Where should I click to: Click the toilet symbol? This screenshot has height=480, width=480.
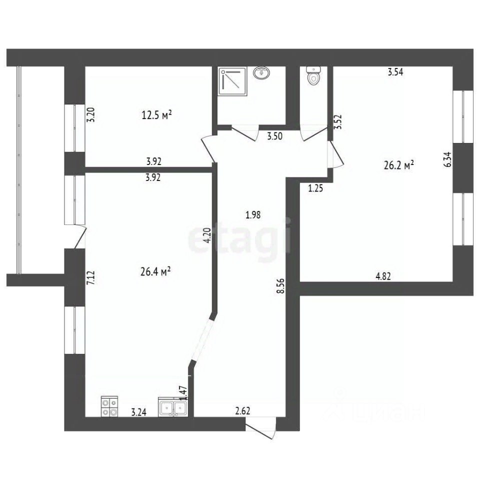313,75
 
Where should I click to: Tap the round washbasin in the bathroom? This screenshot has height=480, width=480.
261,73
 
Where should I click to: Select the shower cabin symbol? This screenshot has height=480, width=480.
232,81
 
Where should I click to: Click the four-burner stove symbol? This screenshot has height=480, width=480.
109,406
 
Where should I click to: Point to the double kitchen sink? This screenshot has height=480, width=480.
173,407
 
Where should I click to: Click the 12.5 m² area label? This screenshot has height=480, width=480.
156,115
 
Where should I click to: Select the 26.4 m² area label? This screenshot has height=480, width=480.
155,271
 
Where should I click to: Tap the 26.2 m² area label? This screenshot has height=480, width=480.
399,165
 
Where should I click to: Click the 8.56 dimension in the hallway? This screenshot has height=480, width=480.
280,286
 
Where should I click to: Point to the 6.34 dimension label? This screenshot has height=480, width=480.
447,159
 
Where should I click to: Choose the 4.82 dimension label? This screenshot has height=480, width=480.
383,276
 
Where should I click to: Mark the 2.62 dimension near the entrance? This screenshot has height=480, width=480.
243,410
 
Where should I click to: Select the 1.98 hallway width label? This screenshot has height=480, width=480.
253,215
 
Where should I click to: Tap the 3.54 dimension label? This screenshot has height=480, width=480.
395,72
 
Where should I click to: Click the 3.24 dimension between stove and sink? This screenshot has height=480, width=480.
139,412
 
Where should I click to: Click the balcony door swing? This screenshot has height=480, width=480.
80,236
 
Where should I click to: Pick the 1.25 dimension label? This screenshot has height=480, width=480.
315,188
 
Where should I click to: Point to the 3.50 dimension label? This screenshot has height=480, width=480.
275,136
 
